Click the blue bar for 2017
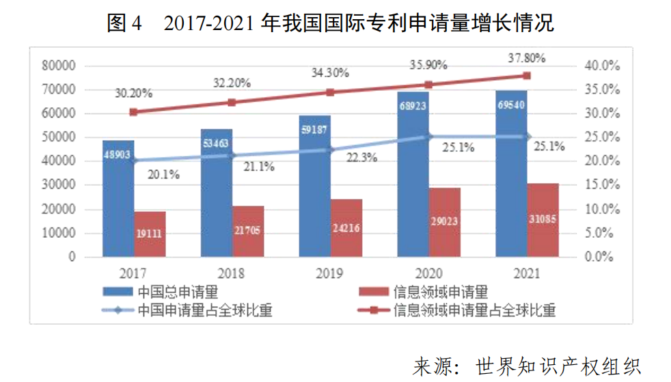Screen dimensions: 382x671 click(x=118, y=198)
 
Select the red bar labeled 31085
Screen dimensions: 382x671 click(x=543, y=220)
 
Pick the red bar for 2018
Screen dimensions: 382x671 click(x=248, y=231)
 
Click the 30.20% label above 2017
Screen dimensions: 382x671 click(x=134, y=94)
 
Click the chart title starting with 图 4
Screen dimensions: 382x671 click(x=331, y=23)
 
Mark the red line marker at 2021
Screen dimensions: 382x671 click(x=527, y=75)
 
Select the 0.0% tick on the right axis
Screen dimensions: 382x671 click(x=604, y=257)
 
